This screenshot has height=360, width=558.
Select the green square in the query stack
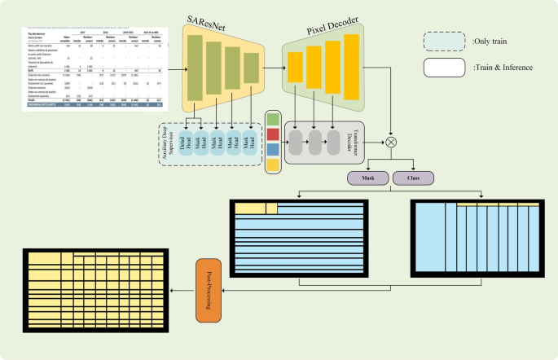[272, 119]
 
